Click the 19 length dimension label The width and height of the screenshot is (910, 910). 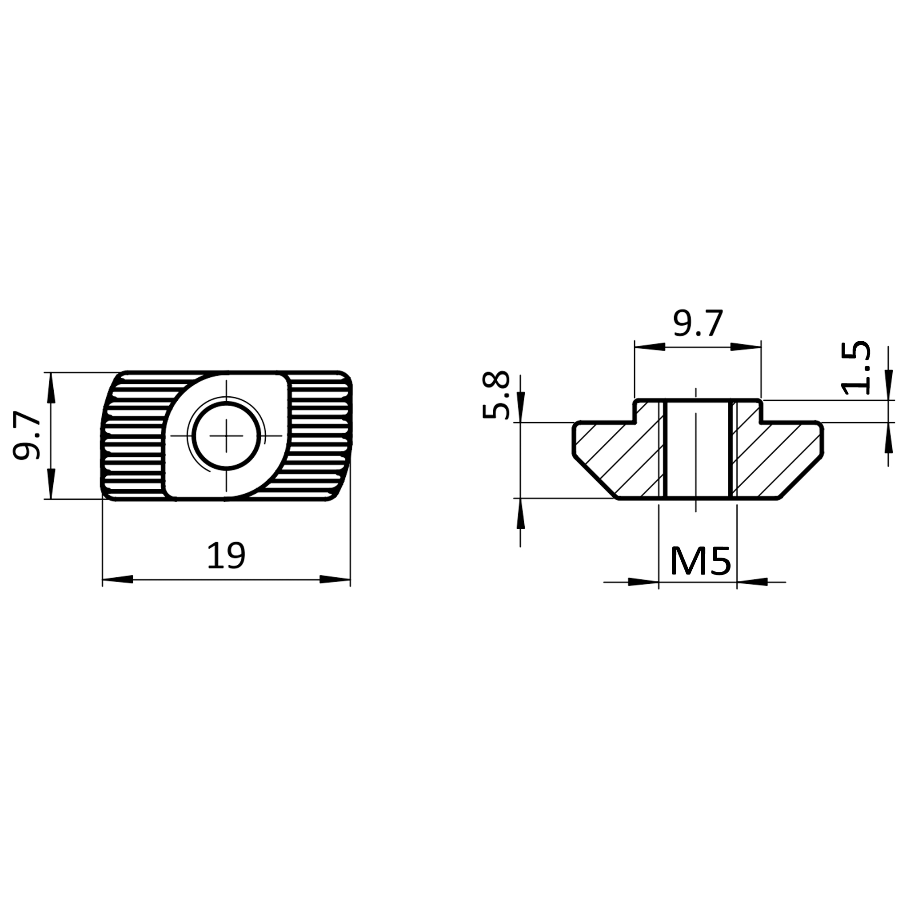[226, 555]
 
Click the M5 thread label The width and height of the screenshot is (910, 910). [700, 561]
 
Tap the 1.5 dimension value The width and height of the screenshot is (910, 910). [855, 368]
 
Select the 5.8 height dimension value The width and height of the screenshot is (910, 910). [496, 395]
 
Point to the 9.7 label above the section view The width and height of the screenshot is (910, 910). [698, 323]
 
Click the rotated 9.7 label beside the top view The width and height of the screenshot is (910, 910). [26, 435]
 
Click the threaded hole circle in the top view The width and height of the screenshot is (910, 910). [227, 436]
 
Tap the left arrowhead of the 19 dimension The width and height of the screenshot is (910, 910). [118, 579]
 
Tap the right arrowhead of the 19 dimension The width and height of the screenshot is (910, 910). [335, 579]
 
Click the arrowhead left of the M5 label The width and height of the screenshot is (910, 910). [643, 582]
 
